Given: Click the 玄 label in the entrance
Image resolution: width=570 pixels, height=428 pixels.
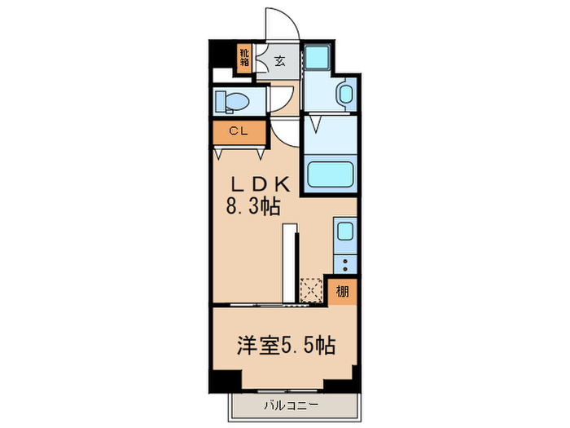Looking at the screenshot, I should [279, 61].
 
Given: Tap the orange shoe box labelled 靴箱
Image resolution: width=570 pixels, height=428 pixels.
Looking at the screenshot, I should [244, 58].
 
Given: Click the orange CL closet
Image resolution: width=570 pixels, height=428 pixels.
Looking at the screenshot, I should [239, 132].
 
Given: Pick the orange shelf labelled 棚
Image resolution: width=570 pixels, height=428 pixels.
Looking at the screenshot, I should [341, 290].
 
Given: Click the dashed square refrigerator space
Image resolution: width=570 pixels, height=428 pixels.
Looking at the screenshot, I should [311, 290].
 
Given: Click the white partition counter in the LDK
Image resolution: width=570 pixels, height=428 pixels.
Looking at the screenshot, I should [288, 263].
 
